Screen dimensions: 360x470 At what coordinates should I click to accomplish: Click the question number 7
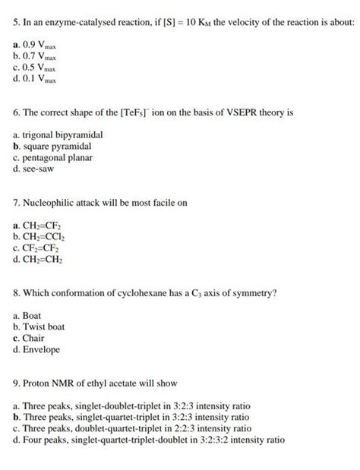coord(17,203)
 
